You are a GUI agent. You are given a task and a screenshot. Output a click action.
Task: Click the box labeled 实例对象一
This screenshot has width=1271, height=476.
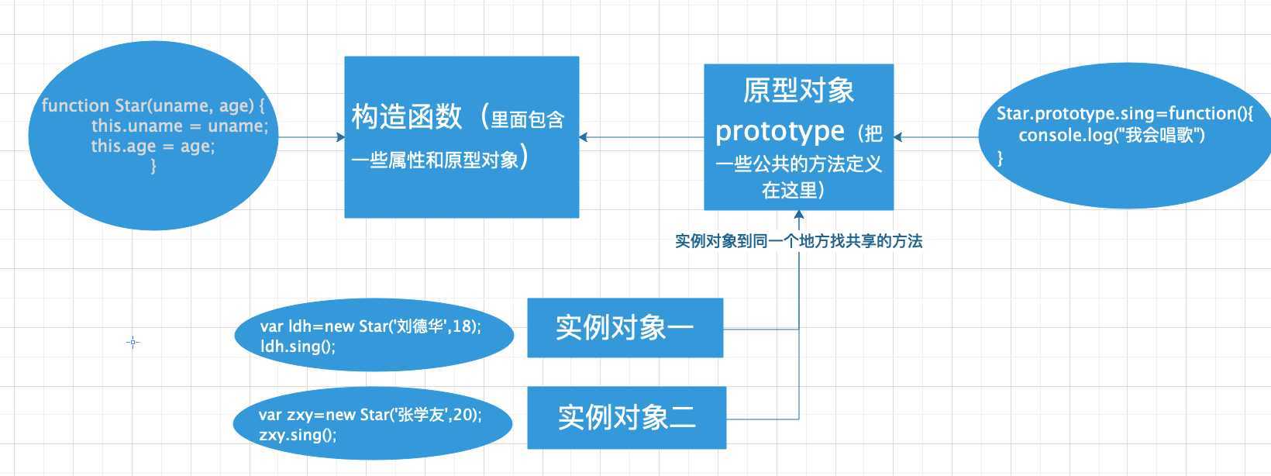(625, 328)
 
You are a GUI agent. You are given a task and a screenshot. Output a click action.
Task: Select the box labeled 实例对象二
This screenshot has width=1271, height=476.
(626, 417)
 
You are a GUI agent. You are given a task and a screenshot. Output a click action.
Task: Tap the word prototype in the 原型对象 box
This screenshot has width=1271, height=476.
(780, 131)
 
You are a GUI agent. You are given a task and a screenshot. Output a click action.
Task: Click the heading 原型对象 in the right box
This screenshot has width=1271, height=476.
(798, 91)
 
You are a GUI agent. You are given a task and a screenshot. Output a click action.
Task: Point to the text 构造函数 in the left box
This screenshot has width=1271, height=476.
(407, 116)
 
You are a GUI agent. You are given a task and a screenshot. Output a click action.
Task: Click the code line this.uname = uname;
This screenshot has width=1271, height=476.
(179, 126)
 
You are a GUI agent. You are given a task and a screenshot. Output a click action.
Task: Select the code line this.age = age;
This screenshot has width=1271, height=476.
(153, 146)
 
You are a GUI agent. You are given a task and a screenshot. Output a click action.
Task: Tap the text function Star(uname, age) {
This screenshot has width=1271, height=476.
(153, 105)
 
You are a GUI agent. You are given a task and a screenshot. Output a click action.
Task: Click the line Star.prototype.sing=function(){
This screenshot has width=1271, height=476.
(1125, 113)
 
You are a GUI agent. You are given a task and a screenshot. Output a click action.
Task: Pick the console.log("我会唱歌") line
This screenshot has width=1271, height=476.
(1111, 135)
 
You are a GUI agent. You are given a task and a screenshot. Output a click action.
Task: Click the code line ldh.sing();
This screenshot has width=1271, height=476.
(298, 346)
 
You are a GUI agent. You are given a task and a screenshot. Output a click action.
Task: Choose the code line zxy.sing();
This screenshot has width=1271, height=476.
(298, 434)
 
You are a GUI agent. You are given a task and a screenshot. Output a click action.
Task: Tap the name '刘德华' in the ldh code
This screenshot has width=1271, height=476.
(422, 326)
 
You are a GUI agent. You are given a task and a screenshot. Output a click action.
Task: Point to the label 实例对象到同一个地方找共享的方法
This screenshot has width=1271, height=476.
(798, 241)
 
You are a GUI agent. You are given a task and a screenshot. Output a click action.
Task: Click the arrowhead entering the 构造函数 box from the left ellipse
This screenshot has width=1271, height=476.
(340, 137)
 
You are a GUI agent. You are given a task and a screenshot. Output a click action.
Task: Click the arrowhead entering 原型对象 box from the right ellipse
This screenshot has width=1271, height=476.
(898, 137)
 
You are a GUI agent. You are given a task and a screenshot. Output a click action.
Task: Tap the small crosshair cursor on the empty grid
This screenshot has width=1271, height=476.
(133, 342)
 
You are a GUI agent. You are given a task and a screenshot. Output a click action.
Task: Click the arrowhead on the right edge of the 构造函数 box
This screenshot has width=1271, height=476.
(584, 137)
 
